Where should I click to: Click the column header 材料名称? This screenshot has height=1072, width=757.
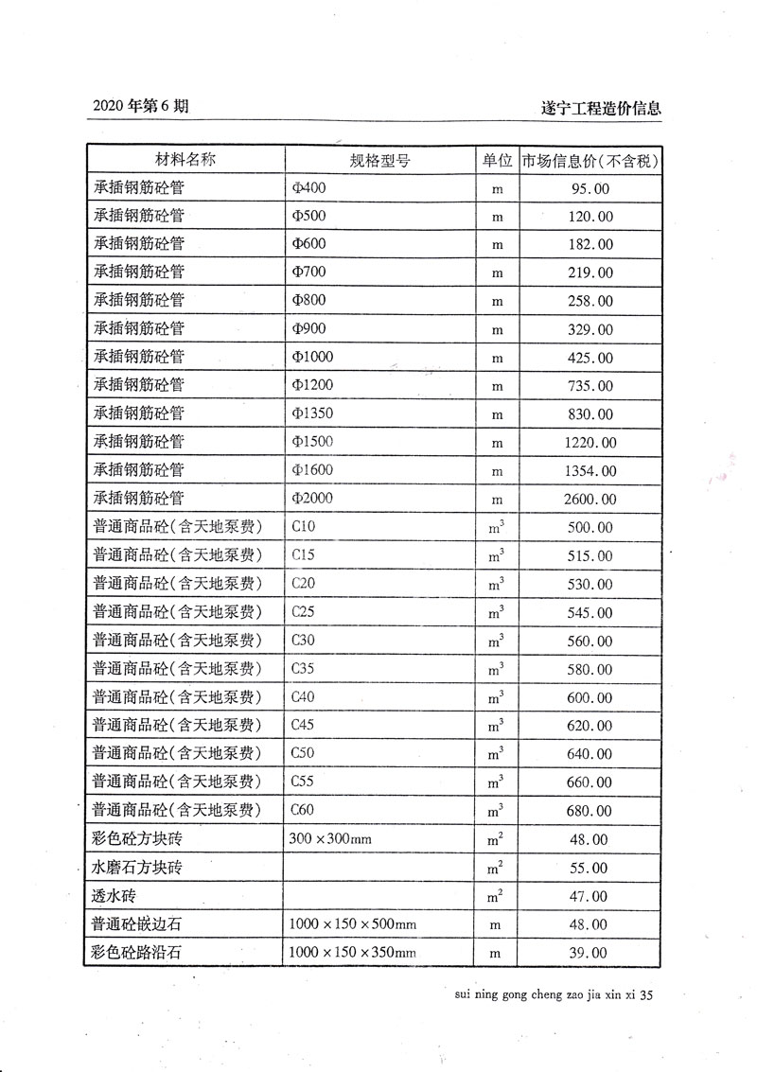(x=185, y=159)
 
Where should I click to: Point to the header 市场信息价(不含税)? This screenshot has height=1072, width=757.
(x=590, y=160)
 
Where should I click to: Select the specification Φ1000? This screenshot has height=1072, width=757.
(x=312, y=358)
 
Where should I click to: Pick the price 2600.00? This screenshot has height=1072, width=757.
(x=590, y=500)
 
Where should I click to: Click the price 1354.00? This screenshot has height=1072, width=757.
(x=590, y=471)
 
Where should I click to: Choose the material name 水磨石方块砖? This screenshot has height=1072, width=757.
(x=136, y=867)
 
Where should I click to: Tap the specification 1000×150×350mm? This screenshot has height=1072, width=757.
(x=352, y=952)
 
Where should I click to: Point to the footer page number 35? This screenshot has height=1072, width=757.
(x=647, y=995)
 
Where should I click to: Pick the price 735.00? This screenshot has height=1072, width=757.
(x=590, y=386)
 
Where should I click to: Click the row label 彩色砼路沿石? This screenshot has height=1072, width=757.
(x=136, y=952)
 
